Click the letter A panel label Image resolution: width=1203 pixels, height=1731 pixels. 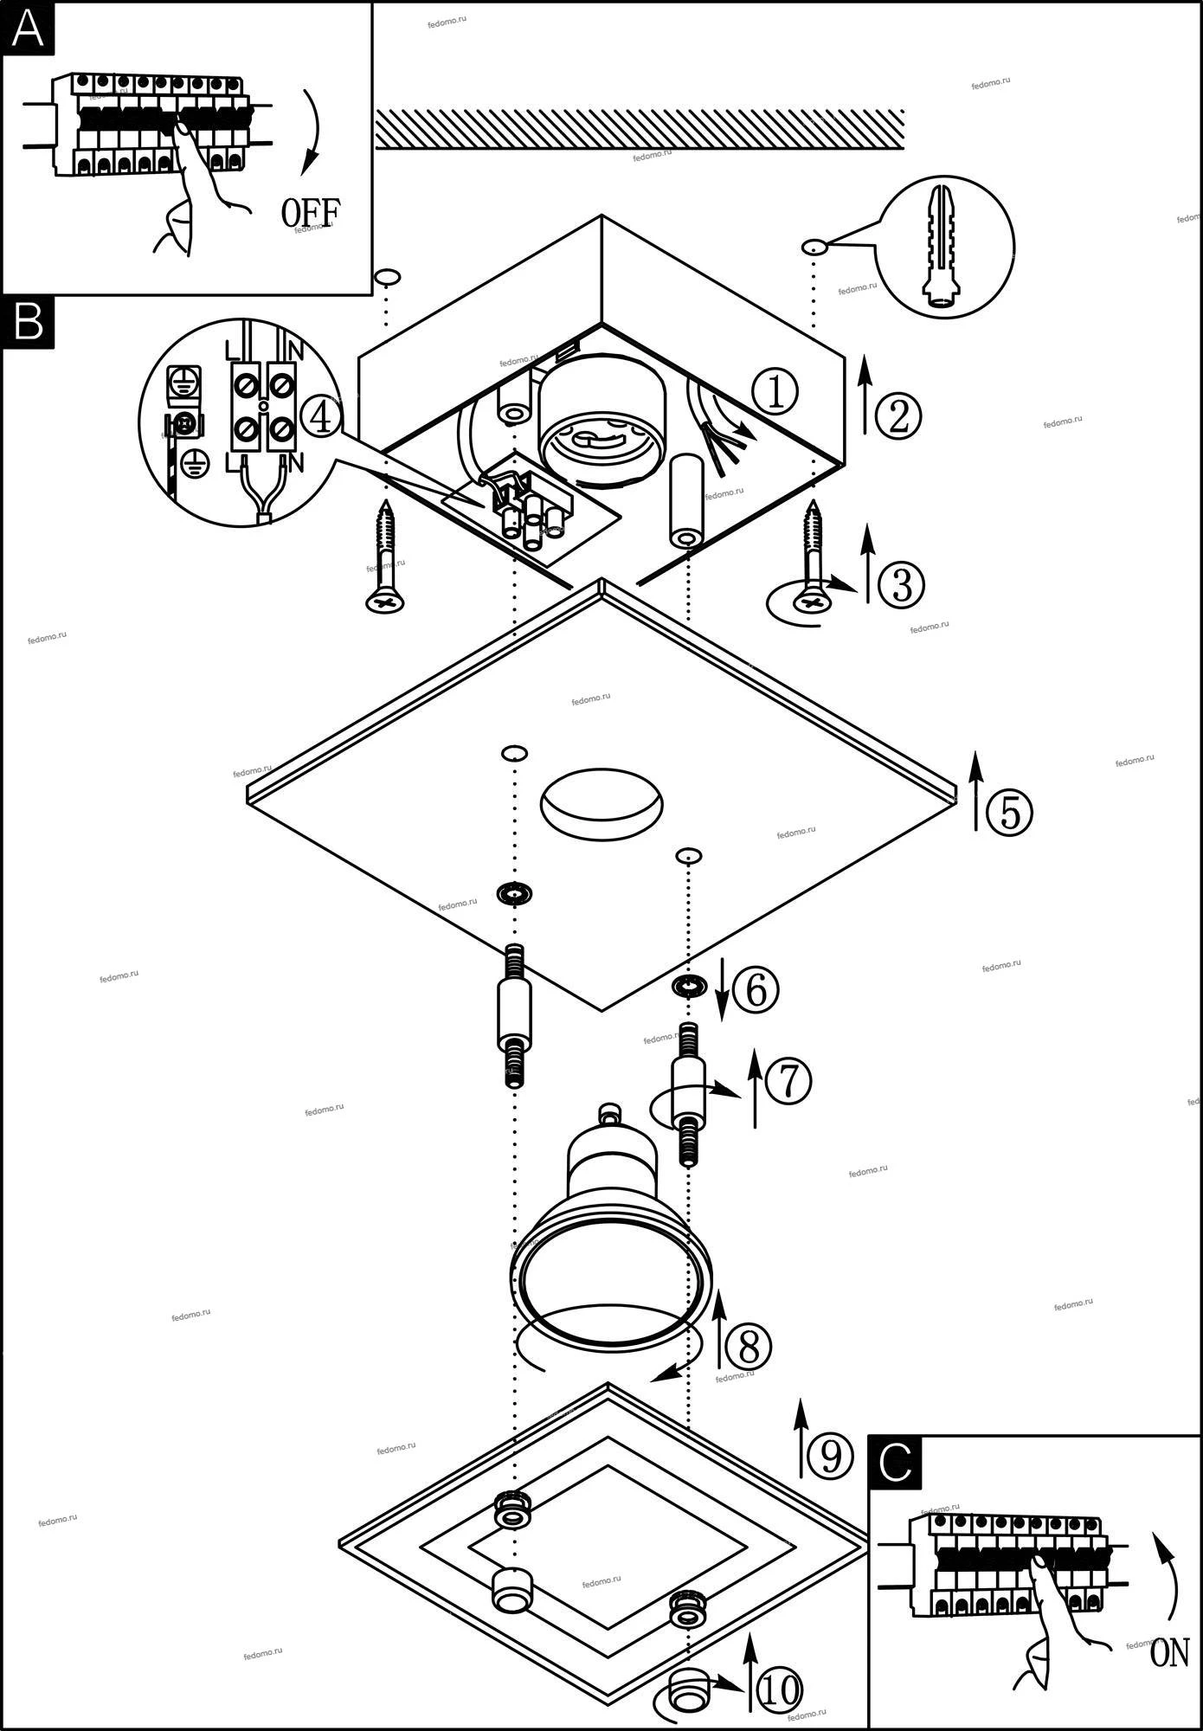click(x=29, y=29)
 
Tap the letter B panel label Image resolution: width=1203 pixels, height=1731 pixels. click(x=29, y=323)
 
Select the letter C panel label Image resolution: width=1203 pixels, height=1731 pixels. click(x=896, y=1462)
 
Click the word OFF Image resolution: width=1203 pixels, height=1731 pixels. click(x=311, y=212)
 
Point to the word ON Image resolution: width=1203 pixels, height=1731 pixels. click(x=1170, y=1654)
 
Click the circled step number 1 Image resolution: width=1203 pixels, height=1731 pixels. click(x=775, y=393)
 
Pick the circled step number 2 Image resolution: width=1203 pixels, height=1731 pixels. click(x=898, y=415)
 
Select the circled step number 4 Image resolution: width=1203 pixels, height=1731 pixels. click(x=320, y=419)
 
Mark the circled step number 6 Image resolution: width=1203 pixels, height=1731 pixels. click(x=756, y=989)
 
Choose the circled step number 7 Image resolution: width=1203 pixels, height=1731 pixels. click(x=788, y=1081)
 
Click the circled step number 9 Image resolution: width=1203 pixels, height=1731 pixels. click(x=829, y=1457)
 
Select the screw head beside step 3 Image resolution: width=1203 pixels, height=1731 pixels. click(x=813, y=602)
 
